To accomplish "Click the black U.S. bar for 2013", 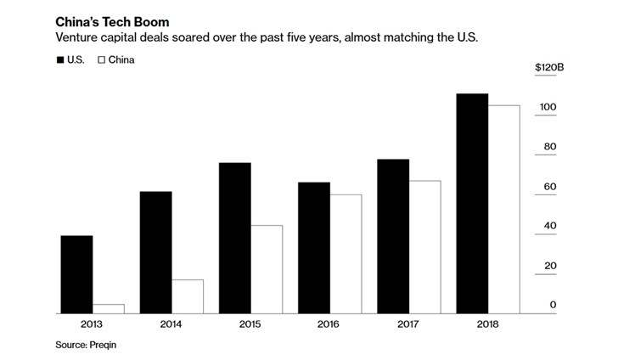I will point(76,275).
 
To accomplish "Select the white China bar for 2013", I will point(108,309).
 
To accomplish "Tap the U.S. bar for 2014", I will point(155,253).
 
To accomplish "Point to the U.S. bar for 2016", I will point(314,248).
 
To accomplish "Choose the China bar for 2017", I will point(424,247).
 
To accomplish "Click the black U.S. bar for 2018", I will point(472,204).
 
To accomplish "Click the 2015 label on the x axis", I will point(250,323).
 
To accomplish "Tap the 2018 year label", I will point(488,323).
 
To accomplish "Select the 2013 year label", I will point(92,323).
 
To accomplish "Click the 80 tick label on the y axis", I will point(549,147).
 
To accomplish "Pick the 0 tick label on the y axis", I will point(553,305).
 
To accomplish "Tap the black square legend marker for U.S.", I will point(60,60).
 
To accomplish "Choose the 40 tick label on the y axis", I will point(549,226).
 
